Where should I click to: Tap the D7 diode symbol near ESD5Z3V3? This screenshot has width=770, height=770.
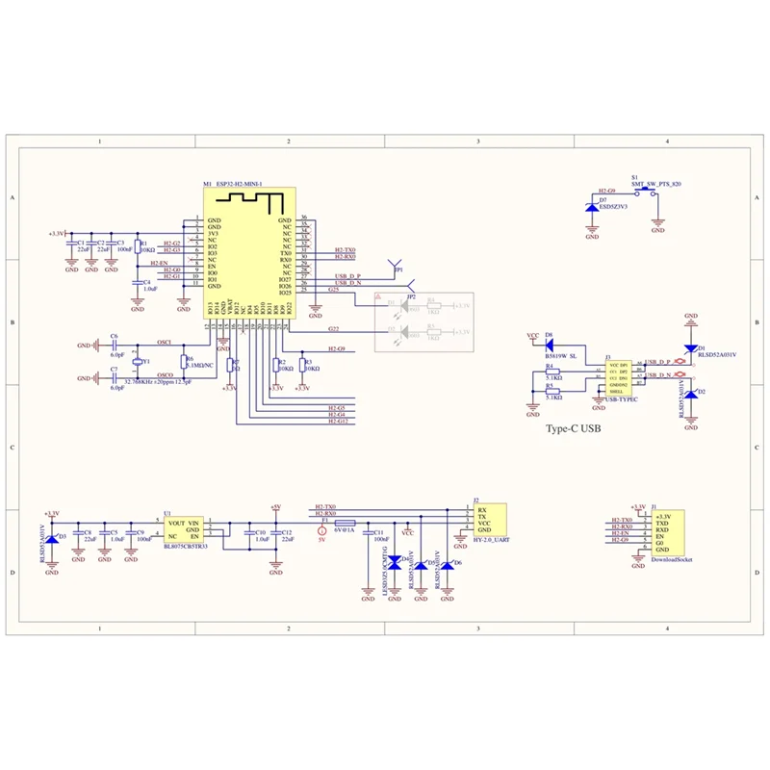pyautogui.click(x=591, y=207)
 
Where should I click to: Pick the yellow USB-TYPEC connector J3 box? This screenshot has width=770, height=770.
pyautogui.click(x=623, y=376)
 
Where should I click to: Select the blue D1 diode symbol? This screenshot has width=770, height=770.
pyautogui.click(x=690, y=348)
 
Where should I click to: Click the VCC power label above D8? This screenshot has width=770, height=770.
pyautogui.click(x=533, y=336)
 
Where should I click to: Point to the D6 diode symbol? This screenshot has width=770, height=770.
pyautogui.click(x=447, y=563)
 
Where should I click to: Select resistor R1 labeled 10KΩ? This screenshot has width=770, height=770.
pyautogui.click(x=138, y=246)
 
